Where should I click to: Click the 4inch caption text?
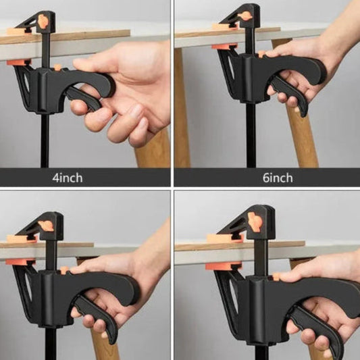pyautogui.click(x=68, y=178)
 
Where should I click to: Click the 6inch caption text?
pyautogui.click(x=278, y=178)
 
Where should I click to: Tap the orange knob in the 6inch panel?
pyautogui.click(x=245, y=16)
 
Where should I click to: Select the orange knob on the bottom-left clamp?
pyautogui.click(x=46, y=226)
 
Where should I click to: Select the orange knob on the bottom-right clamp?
pyautogui.click(x=255, y=222)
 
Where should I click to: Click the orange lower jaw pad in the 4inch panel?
pyautogui.click(x=18, y=62)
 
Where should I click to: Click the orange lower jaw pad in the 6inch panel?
pyautogui.click(x=224, y=46)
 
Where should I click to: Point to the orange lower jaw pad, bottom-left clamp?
pyautogui.click(x=20, y=262)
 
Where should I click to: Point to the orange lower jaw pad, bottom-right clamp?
pyautogui.click(x=223, y=266)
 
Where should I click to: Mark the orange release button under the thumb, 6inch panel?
pyautogui.click(x=262, y=54)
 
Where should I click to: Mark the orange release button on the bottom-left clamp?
pyautogui.click(x=65, y=270)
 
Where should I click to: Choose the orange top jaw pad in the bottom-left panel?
pyautogui.click(x=21, y=239)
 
